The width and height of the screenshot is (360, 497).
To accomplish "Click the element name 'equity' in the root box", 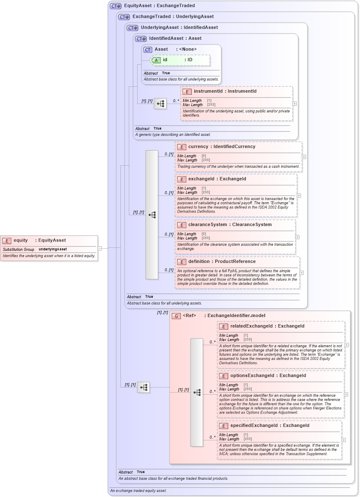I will [21, 240].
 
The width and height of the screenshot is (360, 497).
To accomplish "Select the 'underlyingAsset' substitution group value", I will [53, 249].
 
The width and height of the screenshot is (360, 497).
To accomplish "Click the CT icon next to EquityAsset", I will [115, 6].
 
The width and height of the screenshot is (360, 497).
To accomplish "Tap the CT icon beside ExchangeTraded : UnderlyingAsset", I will [124, 17].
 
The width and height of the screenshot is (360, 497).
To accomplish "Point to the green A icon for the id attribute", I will [156, 60].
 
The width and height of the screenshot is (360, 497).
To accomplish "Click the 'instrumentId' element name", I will [208, 91].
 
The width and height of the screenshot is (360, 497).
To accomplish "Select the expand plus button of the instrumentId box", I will [295, 103].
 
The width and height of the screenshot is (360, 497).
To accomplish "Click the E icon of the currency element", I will [182, 147].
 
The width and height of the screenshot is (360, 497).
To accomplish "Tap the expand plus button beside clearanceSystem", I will [297, 237].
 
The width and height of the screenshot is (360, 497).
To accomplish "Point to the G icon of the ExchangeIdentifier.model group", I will [176, 316].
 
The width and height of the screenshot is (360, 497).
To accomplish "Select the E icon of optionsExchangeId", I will [224, 376].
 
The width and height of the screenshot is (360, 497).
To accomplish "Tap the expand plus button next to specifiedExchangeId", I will [343, 440].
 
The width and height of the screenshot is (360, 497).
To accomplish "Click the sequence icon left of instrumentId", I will [160, 104].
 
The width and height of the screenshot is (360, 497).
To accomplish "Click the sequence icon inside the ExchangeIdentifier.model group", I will [197, 392].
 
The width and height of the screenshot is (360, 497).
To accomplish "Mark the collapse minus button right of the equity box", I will [100, 248].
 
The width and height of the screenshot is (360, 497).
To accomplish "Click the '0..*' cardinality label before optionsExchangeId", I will [212, 392].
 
